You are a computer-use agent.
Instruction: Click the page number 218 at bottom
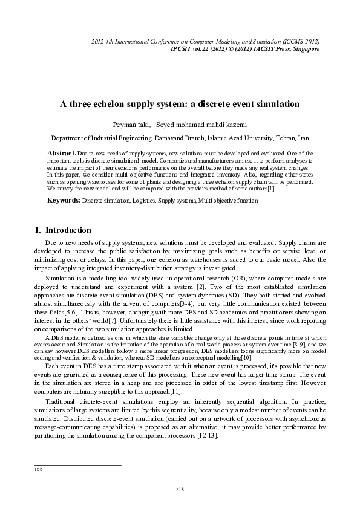coord(180,489)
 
